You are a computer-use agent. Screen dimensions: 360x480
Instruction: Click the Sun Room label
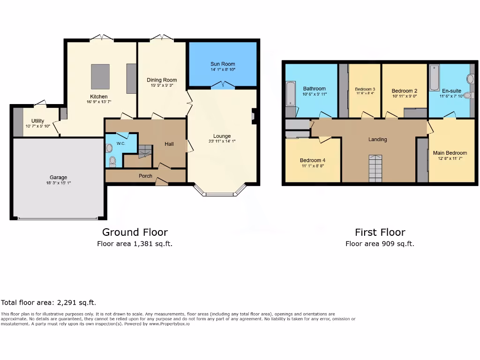coord(223,64)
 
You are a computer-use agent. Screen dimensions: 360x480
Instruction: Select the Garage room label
coord(59,177)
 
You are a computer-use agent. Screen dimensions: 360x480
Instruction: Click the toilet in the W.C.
coord(112,162)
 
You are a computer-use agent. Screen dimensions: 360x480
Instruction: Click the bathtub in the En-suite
coord(434,78)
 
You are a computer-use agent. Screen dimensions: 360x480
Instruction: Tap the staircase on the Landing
coord(375,168)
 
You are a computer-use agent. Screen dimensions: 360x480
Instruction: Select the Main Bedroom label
coord(450,153)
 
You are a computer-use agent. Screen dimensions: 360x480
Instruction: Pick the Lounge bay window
coord(219,192)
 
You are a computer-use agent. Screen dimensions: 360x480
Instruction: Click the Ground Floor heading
coord(135,232)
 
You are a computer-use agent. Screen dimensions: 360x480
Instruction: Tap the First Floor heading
coord(380,232)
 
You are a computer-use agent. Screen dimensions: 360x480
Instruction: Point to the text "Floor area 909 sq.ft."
coord(380,244)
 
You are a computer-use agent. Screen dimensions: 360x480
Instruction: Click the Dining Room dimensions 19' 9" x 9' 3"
coord(162,86)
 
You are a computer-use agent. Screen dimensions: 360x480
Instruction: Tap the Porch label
coord(145,176)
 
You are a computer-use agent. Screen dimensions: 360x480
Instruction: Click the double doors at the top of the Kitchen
coord(102,37)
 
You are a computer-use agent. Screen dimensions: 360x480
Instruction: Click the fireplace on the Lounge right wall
coord(254,116)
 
